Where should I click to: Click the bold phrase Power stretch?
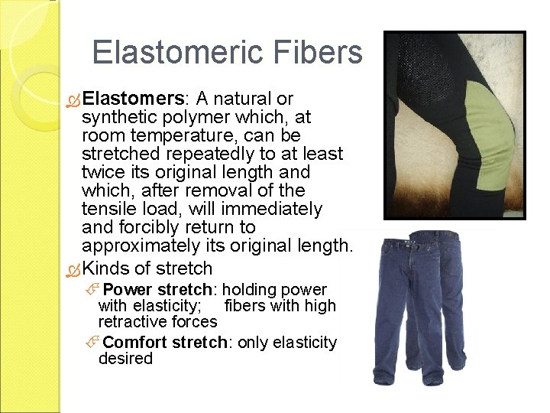coord(157,291)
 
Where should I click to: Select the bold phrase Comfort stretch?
coord(165,343)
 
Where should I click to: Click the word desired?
coord(125,359)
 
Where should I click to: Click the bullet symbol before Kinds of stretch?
coord(73,269)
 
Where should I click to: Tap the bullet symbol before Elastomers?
coord(73,99)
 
